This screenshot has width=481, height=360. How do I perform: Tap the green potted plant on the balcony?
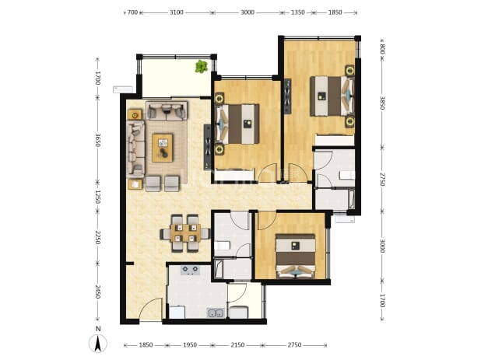(202, 67)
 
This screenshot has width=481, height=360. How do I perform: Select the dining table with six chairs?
(185, 232)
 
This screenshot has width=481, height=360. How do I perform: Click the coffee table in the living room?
(163, 148)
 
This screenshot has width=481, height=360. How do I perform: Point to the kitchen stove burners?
(190, 270)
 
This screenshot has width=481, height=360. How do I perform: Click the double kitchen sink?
(216, 313)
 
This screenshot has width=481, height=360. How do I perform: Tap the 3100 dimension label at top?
(177, 12)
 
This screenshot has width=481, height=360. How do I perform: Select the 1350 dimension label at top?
(297, 12)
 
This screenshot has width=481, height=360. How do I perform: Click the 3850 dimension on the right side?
(382, 103)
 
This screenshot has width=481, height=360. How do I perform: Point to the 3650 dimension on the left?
(97, 140)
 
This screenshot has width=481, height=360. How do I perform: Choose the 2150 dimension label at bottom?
(237, 345)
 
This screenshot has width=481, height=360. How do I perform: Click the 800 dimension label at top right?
(382, 49)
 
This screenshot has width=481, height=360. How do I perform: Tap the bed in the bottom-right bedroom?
(296, 256)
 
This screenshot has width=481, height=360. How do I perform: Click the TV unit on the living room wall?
(208, 147)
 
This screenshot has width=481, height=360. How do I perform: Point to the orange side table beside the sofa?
(135, 114)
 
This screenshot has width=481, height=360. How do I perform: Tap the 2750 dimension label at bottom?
(294, 345)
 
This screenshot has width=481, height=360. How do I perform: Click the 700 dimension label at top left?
(132, 12)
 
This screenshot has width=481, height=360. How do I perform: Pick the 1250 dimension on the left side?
(97, 197)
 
